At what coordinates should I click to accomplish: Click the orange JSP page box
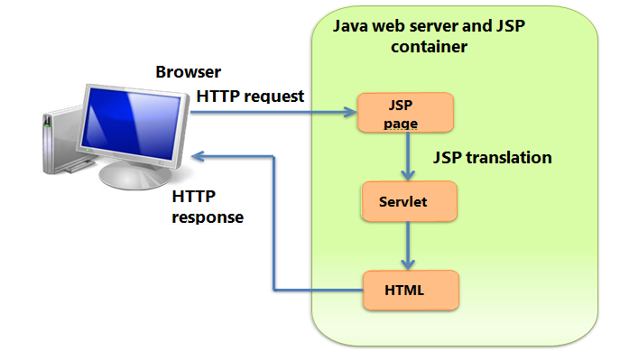coord(405,113)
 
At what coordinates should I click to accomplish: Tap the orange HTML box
coord(411,291)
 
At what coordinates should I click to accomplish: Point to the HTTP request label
coord(250,96)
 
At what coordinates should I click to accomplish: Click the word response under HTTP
coord(208,217)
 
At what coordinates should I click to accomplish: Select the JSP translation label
coord(492,157)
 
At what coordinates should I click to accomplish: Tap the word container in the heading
coord(429,46)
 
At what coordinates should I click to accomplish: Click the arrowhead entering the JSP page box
coord(351,113)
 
